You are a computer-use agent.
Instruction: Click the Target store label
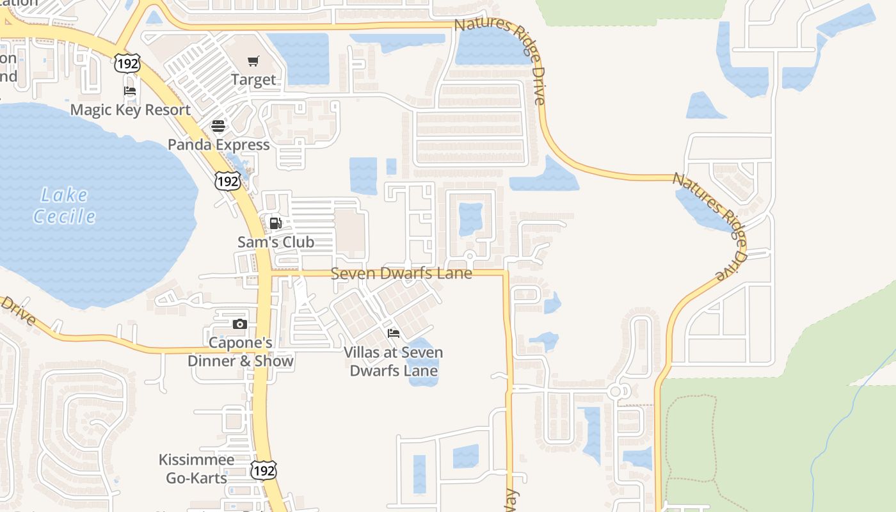[253, 80]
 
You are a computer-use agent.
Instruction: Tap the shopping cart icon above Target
[253, 61]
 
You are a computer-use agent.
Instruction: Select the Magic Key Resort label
[131, 109]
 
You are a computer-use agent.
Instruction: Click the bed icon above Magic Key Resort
[130, 91]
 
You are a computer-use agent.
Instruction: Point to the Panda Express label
[218, 145]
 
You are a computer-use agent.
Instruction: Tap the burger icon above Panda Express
[218, 125]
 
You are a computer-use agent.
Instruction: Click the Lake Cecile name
[64, 205]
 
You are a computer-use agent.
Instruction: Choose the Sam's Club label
[276, 242]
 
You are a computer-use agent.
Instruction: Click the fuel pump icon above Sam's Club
[275, 223]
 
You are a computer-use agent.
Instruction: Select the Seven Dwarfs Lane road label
[401, 273]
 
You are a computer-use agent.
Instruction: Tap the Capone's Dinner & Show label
[240, 352]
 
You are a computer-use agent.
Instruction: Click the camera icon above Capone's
[240, 324]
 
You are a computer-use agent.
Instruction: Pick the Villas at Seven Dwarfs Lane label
[394, 361]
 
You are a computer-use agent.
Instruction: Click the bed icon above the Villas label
[394, 333]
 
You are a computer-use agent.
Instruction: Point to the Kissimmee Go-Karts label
[196, 468]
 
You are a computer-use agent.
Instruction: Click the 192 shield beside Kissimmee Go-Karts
[263, 470]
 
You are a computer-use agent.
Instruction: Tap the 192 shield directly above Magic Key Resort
[127, 63]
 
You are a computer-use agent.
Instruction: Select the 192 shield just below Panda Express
[227, 181]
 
